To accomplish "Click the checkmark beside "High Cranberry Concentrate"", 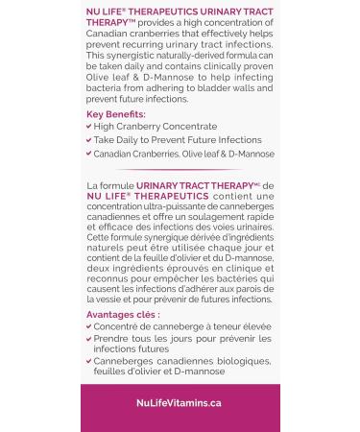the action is click(x=89, y=127).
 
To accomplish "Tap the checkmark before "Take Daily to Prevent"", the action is click(x=89, y=140).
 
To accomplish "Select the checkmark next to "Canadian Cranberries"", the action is click(x=89, y=154).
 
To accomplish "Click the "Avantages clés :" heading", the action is click(x=123, y=314).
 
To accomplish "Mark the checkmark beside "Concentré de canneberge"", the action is click(x=89, y=326).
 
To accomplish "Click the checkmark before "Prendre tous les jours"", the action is click(x=89, y=339).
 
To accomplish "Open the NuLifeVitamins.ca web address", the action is click(x=180, y=403).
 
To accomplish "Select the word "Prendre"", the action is click(x=112, y=339).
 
